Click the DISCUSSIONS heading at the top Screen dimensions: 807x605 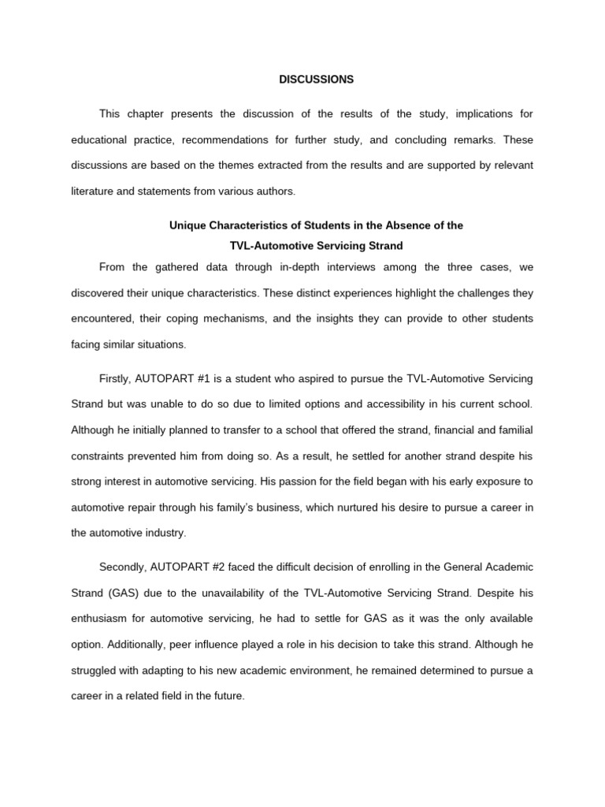317,80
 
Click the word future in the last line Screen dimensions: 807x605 228,697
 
